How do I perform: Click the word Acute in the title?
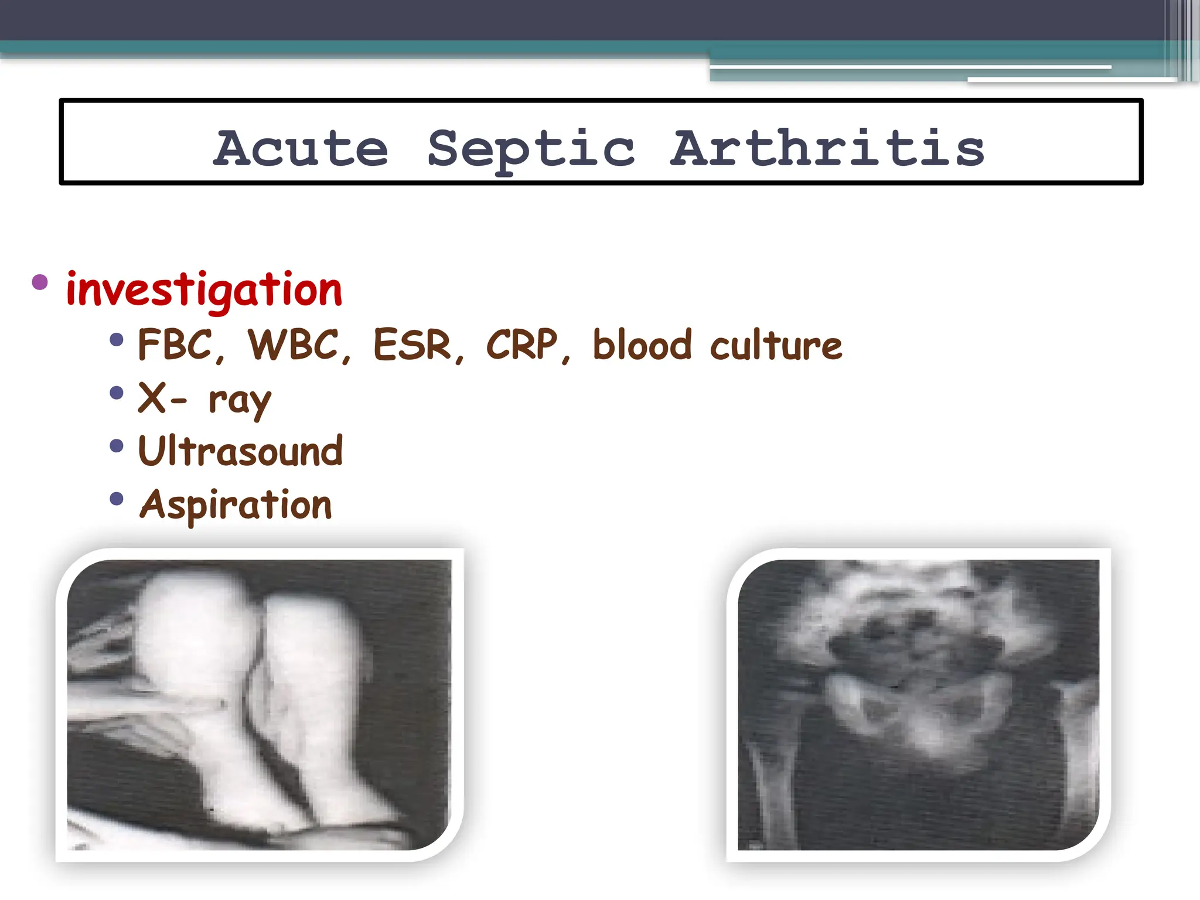pos(300,149)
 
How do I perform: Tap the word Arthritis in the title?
pos(827,149)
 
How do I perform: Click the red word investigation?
pos(204,289)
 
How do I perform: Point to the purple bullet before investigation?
pos(40,282)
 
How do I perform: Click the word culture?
pos(776,346)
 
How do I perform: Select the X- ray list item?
pos(204,400)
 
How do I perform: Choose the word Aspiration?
pos(236,505)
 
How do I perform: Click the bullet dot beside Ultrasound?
pos(117,446)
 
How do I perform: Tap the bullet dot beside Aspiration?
pos(117,499)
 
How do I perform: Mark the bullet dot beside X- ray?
pos(117,393)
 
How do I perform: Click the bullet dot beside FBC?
pos(117,339)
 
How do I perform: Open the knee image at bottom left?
pos(259,704)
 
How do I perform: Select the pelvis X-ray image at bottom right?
pos(918,704)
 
